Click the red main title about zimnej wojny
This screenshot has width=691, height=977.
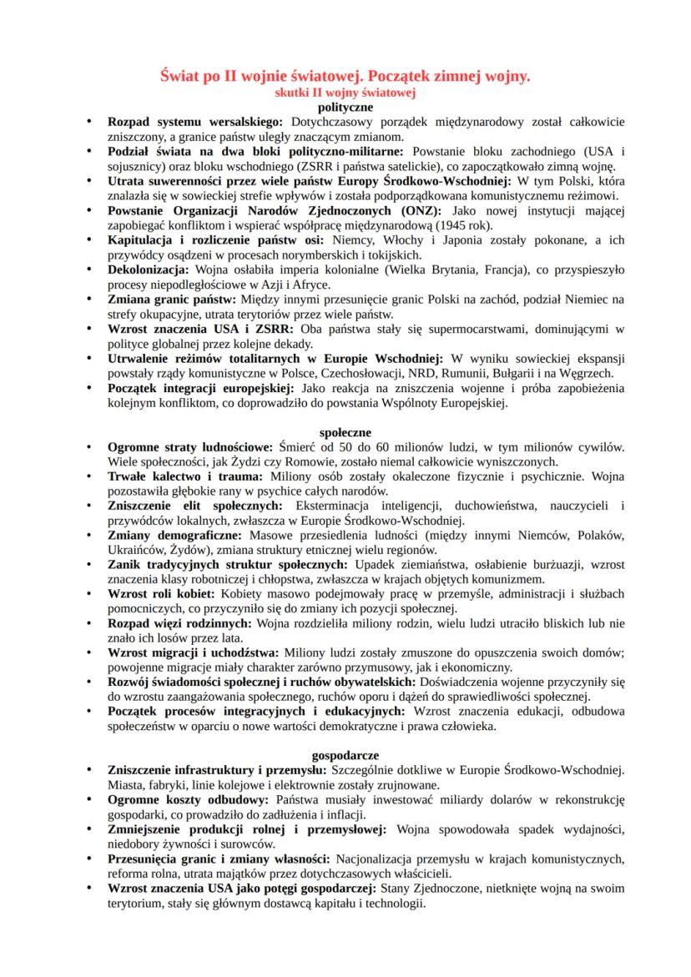345,77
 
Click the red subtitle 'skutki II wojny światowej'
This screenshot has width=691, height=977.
345,93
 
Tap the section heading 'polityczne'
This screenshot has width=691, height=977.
345,108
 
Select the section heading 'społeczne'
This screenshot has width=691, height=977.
345,432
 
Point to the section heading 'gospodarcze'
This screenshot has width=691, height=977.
345,754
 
